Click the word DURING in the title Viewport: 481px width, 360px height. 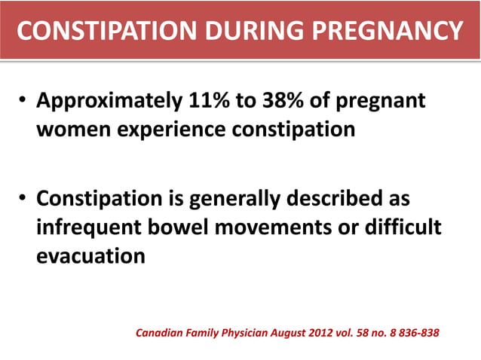(253, 31)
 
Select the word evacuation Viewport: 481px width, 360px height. (90, 255)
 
